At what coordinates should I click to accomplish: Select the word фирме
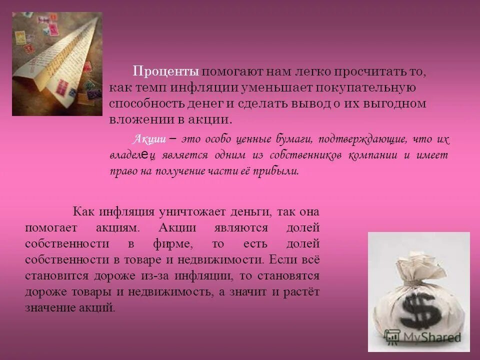tap(169, 244)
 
